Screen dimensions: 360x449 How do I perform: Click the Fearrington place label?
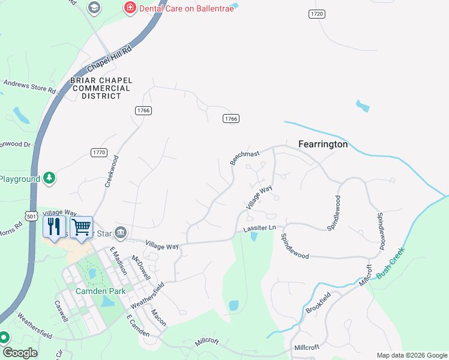[x=323, y=145]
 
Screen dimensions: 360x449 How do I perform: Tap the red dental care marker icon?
[x=128, y=8]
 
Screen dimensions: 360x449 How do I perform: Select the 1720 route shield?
[x=317, y=13]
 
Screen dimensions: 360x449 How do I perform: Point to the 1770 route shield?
[x=99, y=152]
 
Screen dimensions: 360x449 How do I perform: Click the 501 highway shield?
[x=32, y=215]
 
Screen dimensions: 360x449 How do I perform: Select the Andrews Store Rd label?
[x=29, y=87]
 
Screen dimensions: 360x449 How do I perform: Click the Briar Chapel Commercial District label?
[x=100, y=88]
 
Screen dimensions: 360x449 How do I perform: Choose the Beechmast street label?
[x=245, y=158]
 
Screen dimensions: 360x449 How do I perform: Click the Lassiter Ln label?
[x=259, y=229]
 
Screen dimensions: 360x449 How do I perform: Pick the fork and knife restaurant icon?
[x=54, y=227]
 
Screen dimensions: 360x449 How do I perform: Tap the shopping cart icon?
[x=81, y=227]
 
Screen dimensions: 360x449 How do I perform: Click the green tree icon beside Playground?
[x=49, y=178]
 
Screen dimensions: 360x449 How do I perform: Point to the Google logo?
[x=19, y=353]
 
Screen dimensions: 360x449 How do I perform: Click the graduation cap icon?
[x=94, y=8]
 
